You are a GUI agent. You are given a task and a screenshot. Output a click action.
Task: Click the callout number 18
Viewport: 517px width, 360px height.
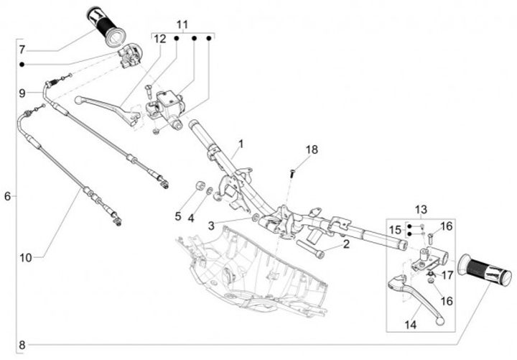(312, 149)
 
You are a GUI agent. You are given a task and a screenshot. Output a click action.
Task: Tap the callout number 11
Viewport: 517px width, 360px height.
(182, 24)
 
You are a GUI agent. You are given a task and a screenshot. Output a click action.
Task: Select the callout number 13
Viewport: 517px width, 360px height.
(421, 210)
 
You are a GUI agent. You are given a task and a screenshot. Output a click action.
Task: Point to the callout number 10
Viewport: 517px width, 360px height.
(26, 258)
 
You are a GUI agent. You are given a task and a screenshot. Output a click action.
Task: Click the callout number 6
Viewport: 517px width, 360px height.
(8, 196)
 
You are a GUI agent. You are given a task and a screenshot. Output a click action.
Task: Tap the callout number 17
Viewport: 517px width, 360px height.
(447, 275)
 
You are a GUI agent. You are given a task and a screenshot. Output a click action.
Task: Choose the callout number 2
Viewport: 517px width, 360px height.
(346, 244)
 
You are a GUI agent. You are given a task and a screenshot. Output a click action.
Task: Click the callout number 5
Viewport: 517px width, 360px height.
(178, 216)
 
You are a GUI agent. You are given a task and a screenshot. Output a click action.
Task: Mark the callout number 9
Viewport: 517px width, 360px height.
(22, 93)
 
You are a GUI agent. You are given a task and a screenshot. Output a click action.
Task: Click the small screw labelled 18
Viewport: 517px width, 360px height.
(292, 174)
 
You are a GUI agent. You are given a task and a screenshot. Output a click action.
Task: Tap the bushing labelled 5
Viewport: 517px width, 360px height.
(200, 185)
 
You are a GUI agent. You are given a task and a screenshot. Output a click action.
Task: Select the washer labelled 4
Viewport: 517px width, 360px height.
(210, 190)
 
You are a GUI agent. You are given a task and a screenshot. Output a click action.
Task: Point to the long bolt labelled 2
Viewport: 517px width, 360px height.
(310, 249)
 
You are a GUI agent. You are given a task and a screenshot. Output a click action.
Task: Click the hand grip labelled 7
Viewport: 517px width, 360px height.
(106, 27)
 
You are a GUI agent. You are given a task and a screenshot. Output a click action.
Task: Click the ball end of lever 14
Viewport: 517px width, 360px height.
(439, 321)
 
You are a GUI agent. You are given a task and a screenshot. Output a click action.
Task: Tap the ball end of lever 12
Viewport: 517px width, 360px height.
(78, 100)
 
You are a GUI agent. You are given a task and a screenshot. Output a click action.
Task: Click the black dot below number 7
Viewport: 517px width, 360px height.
(22, 65)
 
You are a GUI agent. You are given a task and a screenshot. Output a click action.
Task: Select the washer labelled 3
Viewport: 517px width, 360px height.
(255, 218)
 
